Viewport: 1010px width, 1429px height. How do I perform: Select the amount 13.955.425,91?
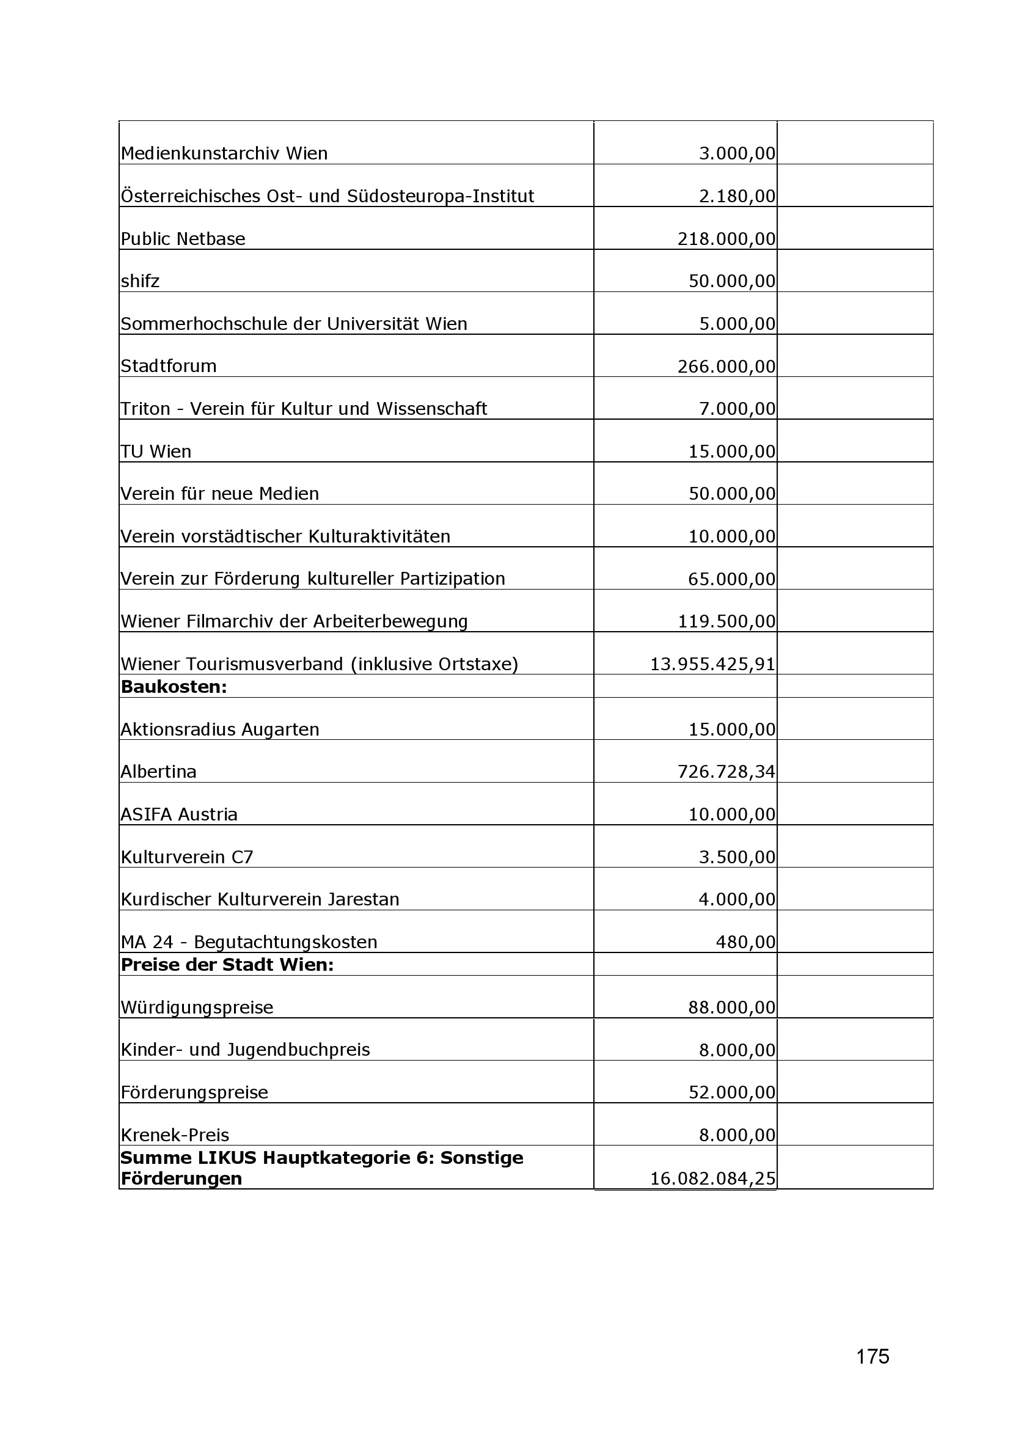pyautogui.click(x=712, y=664)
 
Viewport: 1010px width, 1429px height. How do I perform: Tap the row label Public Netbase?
pyautogui.click(x=183, y=239)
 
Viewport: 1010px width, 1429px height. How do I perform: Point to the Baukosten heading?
pyautogui.click(x=174, y=687)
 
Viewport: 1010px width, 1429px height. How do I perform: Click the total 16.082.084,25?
pyautogui.click(x=712, y=1178)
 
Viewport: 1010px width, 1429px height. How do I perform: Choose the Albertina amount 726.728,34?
pyautogui.click(x=726, y=772)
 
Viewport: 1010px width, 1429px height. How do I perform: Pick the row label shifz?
pyautogui.click(x=140, y=281)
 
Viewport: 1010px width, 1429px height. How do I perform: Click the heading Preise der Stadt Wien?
pyautogui.click(x=227, y=965)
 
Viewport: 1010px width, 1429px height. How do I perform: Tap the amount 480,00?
pyautogui.click(x=745, y=941)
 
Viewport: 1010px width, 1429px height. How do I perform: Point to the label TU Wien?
pyautogui.click(x=156, y=451)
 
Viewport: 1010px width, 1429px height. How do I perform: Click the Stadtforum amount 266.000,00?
pyautogui.click(x=726, y=366)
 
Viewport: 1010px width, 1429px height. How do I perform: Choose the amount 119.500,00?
pyautogui.click(x=726, y=621)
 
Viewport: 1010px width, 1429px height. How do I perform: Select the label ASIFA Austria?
pyautogui.click(x=178, y=814)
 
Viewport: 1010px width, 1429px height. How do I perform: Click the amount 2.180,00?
pyautogui.click(x=737, y=197)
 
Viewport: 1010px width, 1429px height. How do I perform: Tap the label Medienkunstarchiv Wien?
pyautogui.click(x=224, y=153)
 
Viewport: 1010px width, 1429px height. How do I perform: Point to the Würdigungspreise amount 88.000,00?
pyautogui.click(x=732, y=1007)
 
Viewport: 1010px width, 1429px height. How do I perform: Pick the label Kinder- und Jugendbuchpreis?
pyautogui.click(x=245, y=1050)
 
